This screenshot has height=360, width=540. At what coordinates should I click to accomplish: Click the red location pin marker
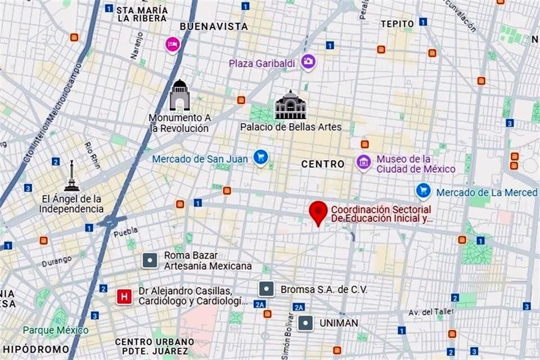318,213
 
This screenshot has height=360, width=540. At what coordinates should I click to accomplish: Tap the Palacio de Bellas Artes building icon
290,105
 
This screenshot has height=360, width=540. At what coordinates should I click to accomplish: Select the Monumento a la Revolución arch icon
179,95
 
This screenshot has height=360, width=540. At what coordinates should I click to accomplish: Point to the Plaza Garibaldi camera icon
308,62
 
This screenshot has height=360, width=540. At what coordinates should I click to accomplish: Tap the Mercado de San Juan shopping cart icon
260,157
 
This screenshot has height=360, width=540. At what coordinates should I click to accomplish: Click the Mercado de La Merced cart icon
424,191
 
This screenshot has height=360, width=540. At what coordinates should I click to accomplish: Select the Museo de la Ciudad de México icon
364,163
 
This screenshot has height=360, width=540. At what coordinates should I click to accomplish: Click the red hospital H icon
124,296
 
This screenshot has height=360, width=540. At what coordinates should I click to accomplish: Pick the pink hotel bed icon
172,44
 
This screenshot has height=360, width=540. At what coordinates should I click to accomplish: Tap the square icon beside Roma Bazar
150,260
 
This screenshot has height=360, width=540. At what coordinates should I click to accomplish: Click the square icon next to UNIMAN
305,323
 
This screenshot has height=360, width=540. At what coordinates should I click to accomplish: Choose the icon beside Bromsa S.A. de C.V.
266,289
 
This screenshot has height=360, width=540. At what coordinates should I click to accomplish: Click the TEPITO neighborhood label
397,24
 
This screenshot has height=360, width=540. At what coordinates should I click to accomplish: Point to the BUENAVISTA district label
214,26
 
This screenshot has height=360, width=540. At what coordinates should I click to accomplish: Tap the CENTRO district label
323,164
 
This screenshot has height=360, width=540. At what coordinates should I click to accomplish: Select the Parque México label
55,330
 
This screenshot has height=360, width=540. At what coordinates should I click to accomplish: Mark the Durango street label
56,260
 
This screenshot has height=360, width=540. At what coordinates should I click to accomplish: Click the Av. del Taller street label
431,312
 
